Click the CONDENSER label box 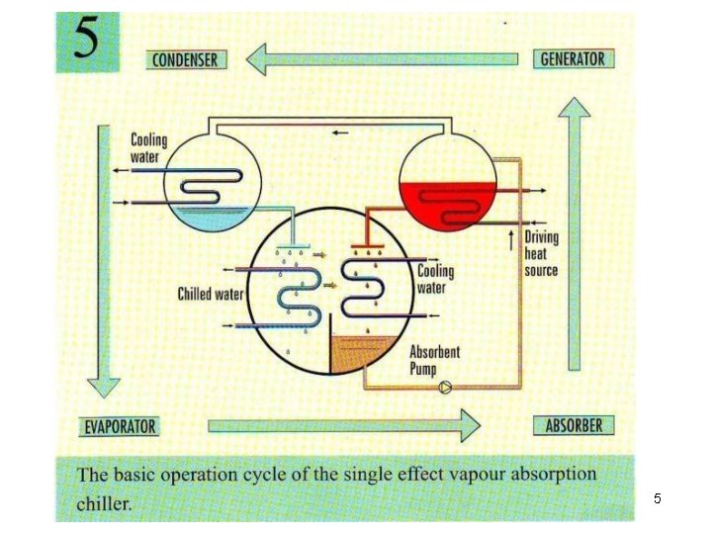(184, 59)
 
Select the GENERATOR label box (573, 58)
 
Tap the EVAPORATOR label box (119, 427)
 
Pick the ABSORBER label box (574, 426)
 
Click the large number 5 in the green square (87, 42)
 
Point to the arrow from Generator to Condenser (381, 59)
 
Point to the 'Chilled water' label (210, 294)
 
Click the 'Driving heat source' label (541, 253)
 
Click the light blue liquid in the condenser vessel (212, 220)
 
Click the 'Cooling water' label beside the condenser (149, 148)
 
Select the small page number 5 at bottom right (657, 499)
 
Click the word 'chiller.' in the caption (104, 504)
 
